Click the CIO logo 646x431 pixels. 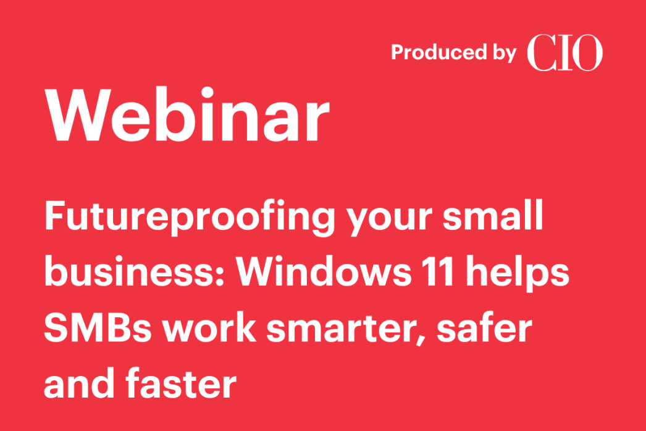(x=565, y=53)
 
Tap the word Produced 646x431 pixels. (x=438, y=53)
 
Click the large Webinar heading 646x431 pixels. (x=188, y=115)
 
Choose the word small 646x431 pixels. (x=493, y=215)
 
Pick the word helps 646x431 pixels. (x=518, y=274)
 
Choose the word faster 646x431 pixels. (x=182, y=383)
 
